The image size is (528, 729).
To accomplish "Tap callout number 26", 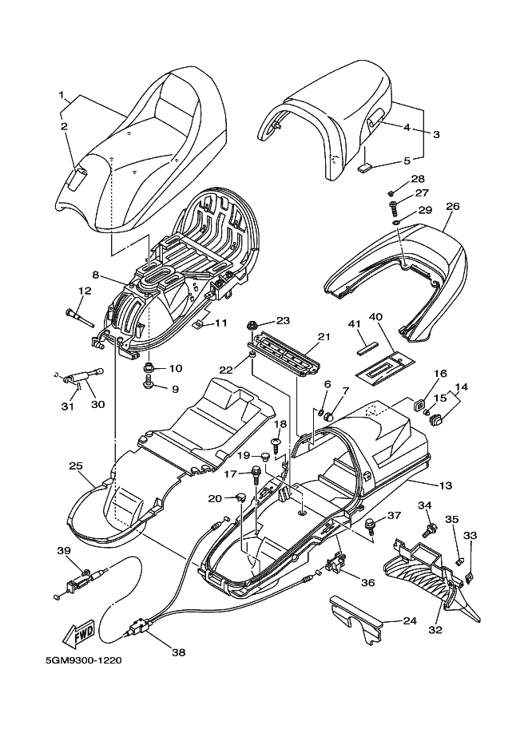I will pos(452,206).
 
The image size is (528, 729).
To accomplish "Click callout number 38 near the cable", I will pos(177,652).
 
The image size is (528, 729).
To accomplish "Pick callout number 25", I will pos(77,466).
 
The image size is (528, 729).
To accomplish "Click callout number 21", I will pos(323,337).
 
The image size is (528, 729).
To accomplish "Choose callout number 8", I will pos(95,275).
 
